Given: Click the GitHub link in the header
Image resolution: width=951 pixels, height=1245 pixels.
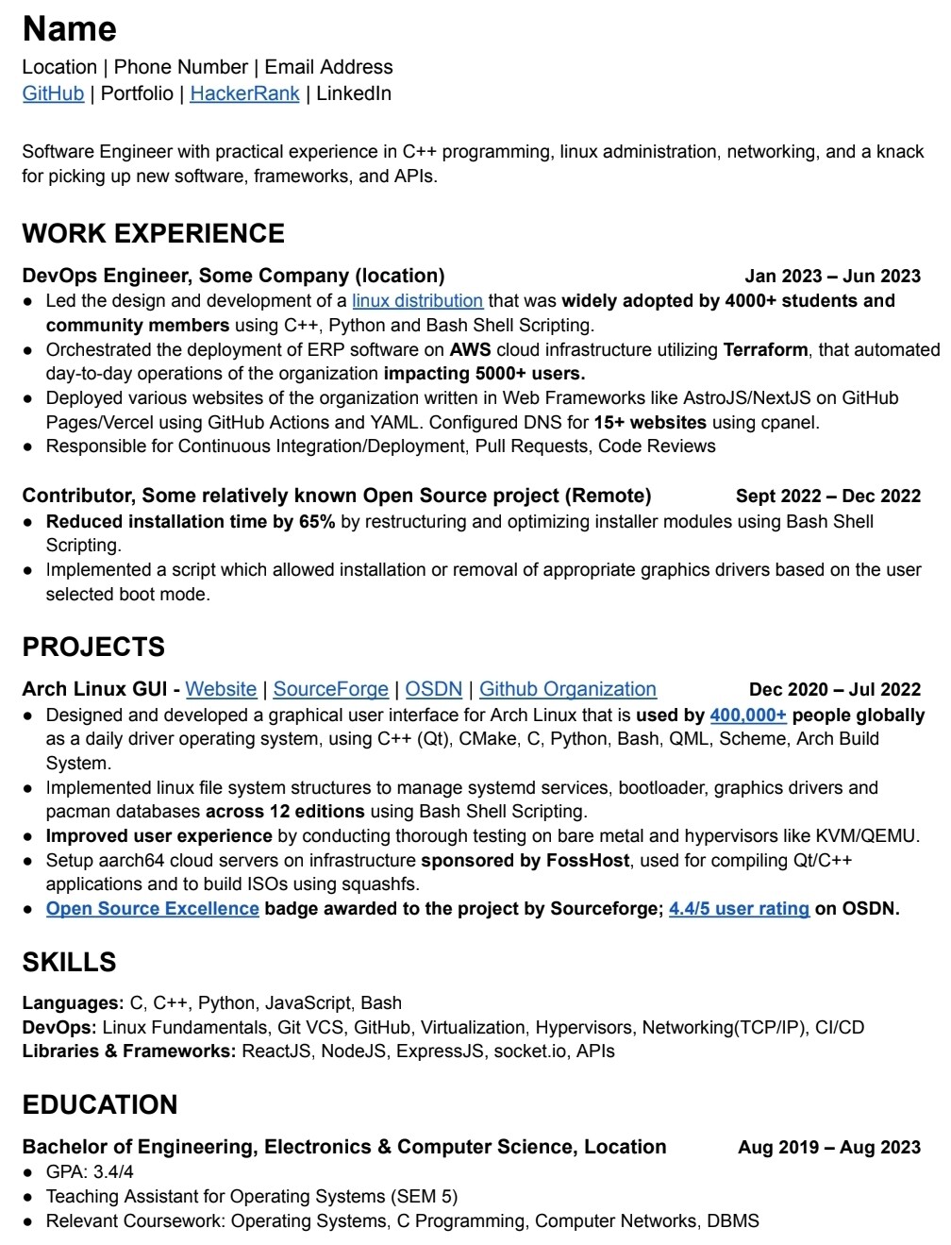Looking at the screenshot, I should (x=53, y=93).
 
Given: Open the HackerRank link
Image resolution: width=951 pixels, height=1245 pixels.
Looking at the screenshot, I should (x=244, y=93).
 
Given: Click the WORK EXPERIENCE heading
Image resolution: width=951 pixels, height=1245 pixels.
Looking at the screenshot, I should (x=153, y=233).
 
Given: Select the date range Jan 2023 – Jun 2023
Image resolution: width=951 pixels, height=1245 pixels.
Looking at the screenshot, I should (x=832, y=276).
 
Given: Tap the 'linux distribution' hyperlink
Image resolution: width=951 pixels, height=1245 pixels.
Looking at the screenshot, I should (x=417, y=301).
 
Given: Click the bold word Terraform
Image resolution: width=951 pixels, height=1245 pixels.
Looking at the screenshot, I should (x=765, y=349).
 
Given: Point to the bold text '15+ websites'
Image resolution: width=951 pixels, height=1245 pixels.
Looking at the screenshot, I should (x=650, y=422).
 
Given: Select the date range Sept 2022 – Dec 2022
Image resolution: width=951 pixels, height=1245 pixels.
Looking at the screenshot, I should (x=827, y=496).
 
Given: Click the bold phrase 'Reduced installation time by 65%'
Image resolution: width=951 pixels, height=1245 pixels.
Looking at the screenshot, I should (x=191, y=521).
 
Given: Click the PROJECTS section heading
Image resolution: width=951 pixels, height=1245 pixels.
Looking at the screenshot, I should (x=93, y=647).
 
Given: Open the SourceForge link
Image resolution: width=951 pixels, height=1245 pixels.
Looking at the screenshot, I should (x=330, y=689).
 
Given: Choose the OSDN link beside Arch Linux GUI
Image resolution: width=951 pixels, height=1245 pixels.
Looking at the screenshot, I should (x=433, y=689).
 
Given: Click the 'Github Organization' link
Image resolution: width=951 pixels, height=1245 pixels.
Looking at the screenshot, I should (x=567, y=689).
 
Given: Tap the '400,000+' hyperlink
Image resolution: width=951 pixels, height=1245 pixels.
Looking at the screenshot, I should (x=747, y=715).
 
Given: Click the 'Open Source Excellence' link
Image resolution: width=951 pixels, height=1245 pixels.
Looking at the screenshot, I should (x=152, y=908).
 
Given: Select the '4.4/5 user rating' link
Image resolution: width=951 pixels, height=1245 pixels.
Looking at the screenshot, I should (x=739, y=908).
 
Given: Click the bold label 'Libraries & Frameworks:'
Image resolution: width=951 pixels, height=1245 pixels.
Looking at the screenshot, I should (x=129, y=1051).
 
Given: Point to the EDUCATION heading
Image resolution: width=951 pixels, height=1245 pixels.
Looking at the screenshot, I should (x=100, y=1104).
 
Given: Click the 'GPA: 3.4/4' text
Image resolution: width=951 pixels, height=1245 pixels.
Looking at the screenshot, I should (x=90, y=1171).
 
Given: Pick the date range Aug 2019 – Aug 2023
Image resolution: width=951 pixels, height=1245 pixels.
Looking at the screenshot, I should (x=828, y=1147).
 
